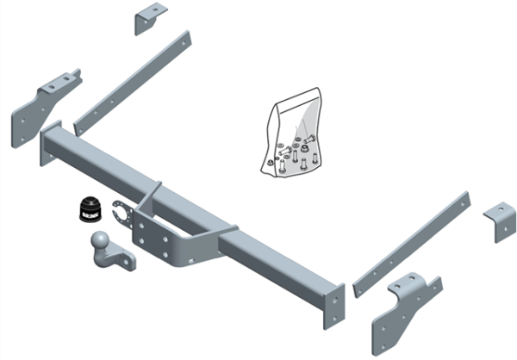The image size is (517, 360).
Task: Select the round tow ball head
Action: tap(101, 240)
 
